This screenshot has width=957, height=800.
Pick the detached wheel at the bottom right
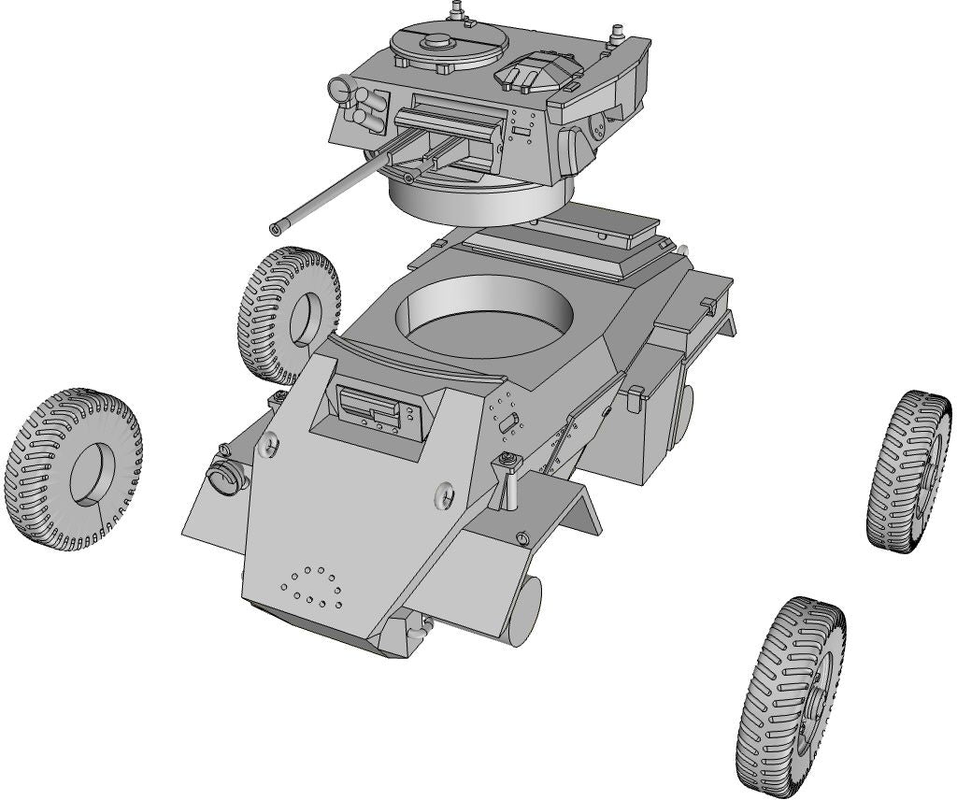click(789, 697)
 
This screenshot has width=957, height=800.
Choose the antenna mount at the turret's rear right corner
click(618, 37)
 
